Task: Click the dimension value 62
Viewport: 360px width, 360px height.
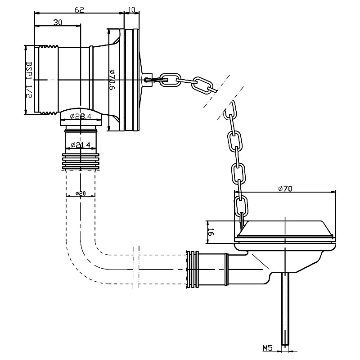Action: click(x=80, y=9)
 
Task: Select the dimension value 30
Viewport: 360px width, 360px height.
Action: click(x=58, y=22)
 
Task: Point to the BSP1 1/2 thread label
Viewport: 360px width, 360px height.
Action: click(x=29, y=80)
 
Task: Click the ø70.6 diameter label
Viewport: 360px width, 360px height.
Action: click(x=112, y=80)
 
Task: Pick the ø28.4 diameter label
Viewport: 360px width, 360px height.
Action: click(x=81, y=116)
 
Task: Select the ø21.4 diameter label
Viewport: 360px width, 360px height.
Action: click(x=81, y=145)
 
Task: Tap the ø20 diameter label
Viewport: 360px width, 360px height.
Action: click(x=81, y=193)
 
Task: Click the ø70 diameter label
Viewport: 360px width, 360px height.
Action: click(x=285, y=189)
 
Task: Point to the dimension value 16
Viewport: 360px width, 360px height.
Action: click(x=211, y=232)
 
